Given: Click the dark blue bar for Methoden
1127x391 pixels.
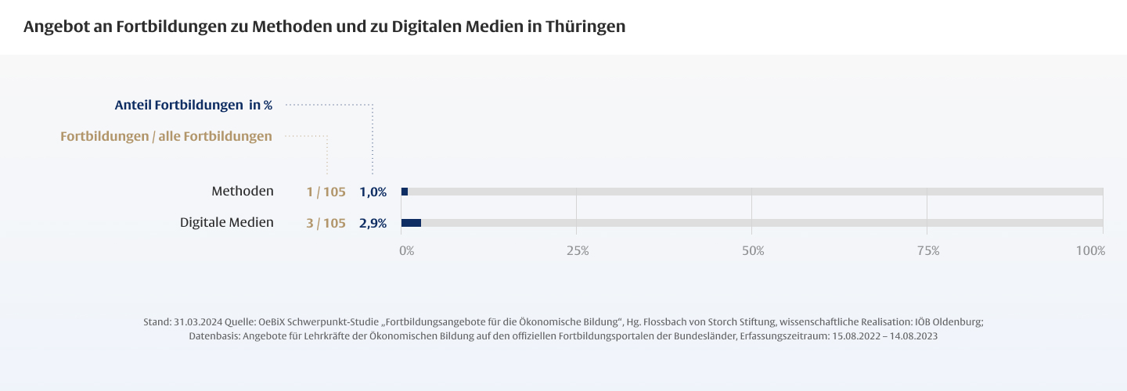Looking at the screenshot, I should pos(405,192).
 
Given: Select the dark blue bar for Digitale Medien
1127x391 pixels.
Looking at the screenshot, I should pos(411,223).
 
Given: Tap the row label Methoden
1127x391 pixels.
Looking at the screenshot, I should pos(243,191).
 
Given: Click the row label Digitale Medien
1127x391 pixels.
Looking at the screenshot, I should pos(227,222).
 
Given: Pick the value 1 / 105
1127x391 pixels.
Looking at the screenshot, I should pos(326,192).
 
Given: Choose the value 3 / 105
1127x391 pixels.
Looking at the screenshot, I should pos(326,224).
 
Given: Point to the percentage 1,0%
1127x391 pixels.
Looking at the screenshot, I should pos(373,192).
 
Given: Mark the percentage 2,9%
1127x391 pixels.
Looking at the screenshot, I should pos(373,224).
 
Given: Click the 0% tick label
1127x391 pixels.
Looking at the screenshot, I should pos(407,251).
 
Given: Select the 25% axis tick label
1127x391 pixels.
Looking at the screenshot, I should pos(578,251).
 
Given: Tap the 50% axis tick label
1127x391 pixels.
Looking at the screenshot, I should pos(753,251).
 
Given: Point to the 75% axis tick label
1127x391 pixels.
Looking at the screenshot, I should pos(928,251).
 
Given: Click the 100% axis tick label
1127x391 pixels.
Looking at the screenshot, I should pos(1090,251).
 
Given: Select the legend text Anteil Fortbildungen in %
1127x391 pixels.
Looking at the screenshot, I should pos(193,105).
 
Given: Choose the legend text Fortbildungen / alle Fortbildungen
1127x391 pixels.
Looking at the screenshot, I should pos(166,137).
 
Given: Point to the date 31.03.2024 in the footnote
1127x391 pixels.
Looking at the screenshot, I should pos(199,322).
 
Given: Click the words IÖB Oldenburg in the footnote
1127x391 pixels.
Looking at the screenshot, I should pos(948,322).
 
